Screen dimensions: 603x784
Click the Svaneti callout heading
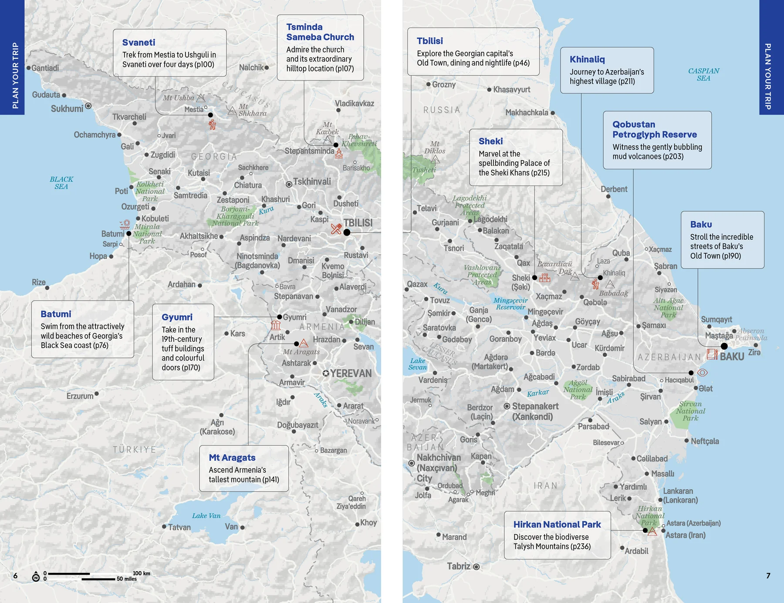pos(139,42)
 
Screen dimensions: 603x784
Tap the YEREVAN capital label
pos(351,374)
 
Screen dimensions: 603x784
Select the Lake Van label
pos(206,516)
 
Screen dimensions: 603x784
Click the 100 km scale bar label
pos(141,573)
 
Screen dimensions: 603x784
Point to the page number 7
pos(768,576)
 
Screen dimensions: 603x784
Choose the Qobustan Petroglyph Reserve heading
pos(654,129)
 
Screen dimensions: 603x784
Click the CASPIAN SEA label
pos(703,74)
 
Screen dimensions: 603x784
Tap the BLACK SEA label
pos(61,183)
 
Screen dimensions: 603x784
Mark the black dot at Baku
pos(724,346)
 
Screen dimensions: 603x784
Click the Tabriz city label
pos(459,566)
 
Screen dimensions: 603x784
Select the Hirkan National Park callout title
pos(557,525)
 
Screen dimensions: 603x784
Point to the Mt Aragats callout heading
pos(232,458)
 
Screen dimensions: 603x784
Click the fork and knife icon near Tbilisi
pos(336,229)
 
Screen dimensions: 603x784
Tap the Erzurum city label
pos(80,396)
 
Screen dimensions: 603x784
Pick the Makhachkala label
pos(527,113)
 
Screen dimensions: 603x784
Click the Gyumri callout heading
pos(177,317)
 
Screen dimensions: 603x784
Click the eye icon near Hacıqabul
pos(703,373)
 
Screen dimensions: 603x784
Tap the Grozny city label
pos(443,84)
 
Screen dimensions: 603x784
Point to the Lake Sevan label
pos(417,364)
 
